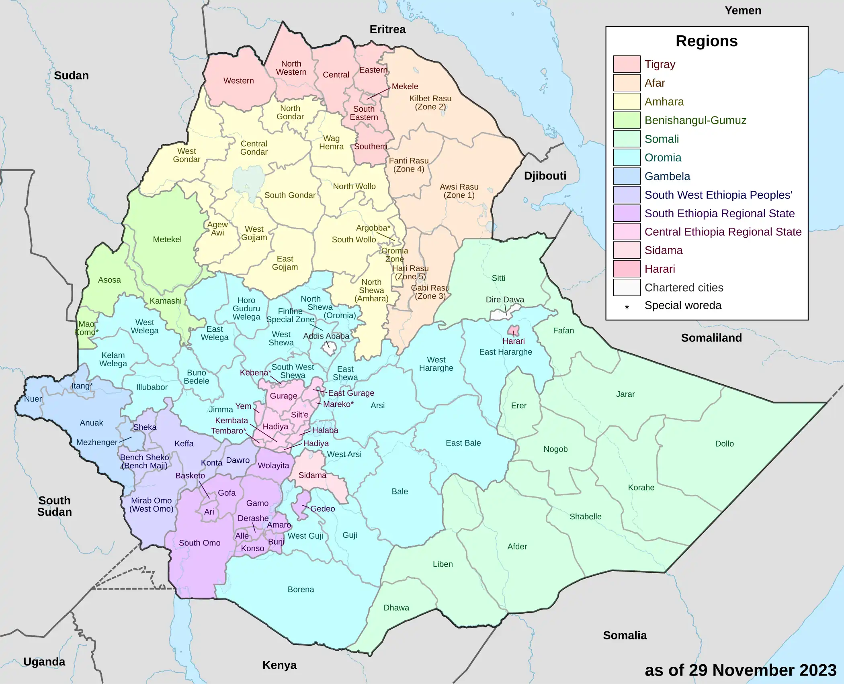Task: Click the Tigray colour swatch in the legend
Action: click(x=626, y=64)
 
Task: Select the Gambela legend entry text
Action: click(x=667, y=176)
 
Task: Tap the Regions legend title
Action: click(x=706, y=41)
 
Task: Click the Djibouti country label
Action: click(x=545, y=176)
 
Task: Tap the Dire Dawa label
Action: click(x=504, y=300)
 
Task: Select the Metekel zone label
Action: click(x=167, y=239)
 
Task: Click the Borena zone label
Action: click(x=301, y=590)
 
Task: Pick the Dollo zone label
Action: click(x=724, y=444)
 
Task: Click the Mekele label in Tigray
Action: click(x=405, y=86)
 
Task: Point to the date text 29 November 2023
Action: click(x=740, y=670)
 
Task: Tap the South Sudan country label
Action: click(x=55, y=506)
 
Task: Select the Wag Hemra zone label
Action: click(x=331, y=143)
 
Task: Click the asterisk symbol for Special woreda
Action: click(x=627, y=307)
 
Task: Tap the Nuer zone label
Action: click(x=33, y=399)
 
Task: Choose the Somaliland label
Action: click(x=711, y=338)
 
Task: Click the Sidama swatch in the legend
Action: click(x=626, y=250)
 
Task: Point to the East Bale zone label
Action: click(x=463, y=443)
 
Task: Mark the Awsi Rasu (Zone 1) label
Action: click(x=459, y=191)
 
